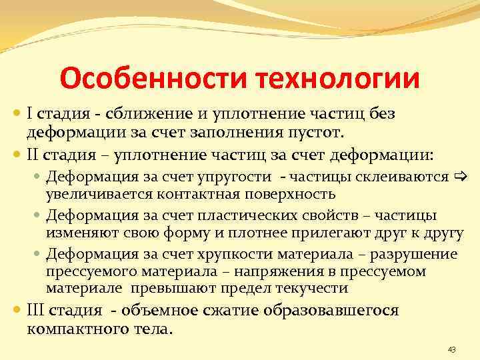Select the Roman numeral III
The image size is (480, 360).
click(36, 310)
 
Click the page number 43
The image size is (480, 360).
click(451, 349)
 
